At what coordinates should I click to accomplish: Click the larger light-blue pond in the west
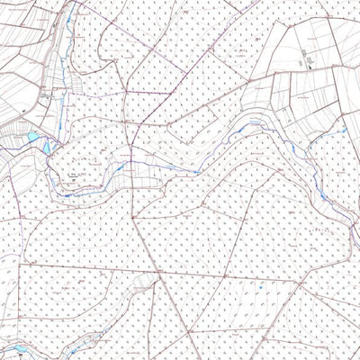34,138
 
